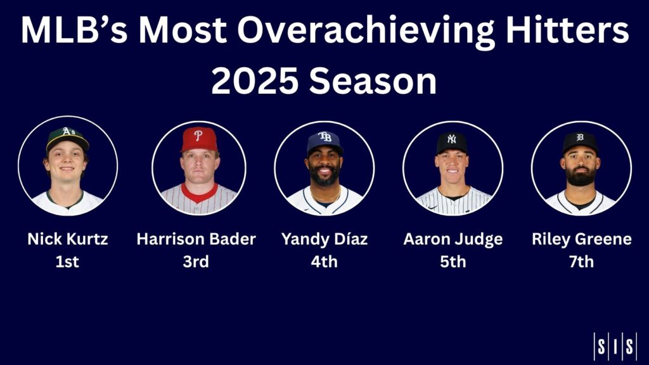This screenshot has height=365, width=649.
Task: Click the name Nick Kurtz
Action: click(x=68, y=239)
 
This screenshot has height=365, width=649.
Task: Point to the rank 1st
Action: click(x=68, y=261)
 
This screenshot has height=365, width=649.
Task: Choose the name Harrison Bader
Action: click(x=196, y=239)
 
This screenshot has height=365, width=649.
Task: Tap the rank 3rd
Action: click(x=196, y=261)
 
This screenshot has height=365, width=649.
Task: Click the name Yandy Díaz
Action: click(x=324, y=239)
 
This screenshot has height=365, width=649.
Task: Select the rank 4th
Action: click(x=324, y=261)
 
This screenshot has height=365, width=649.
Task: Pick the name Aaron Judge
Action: click(x=453, y=239)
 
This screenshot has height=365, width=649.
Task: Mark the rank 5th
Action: click(x=453, y=261)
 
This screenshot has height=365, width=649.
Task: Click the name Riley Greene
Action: click(x=582, y=239)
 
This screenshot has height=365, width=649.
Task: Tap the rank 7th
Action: click(x=582, y=261)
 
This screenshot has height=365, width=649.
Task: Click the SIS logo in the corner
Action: click(x=614, y=346)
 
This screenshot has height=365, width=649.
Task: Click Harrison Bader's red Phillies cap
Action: click(x=199, y=139)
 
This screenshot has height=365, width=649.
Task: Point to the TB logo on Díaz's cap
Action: click(x=325, y=137)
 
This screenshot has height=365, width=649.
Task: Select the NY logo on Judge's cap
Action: click(x=451, y=139)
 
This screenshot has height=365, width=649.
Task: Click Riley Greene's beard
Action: click(x=580, y=177)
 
